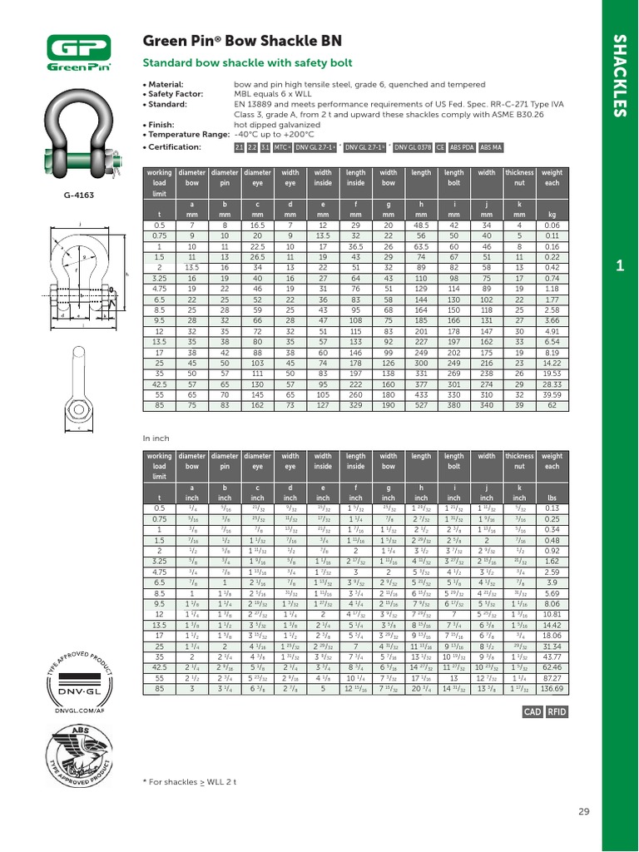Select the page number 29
[582, 811]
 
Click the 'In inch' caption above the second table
[156, 438]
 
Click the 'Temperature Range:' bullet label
[186, 133]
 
